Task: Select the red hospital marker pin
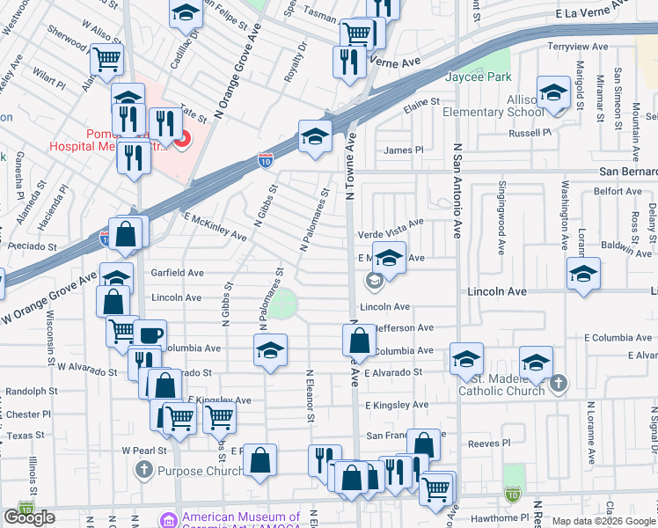click(183, 139)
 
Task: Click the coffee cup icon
click(150, 334)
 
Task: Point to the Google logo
click(29, 517)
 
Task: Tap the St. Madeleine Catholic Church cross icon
click(557, 384)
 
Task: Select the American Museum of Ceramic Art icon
click(169, 519)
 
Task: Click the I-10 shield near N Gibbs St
click(265, 160)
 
